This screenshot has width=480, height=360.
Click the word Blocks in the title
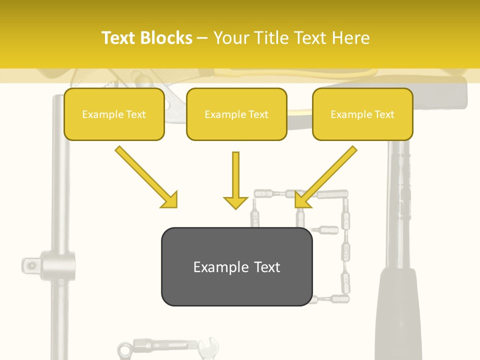[x=166, y=37]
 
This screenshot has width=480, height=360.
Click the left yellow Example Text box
[x=114, y=114]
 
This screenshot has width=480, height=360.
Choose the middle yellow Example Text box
[x=236, y=114]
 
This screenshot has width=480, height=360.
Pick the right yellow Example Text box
[x=362, y=114]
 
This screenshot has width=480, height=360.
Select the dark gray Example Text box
[x=237, y=266]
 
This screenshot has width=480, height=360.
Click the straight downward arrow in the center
[x=235, y=180]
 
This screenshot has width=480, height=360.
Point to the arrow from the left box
[x=146, y=177]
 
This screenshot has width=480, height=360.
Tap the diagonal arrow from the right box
[x=325, y=177]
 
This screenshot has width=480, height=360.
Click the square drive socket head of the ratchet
[x=30, y=265]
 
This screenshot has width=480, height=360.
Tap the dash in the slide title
[x=202, y=38]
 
